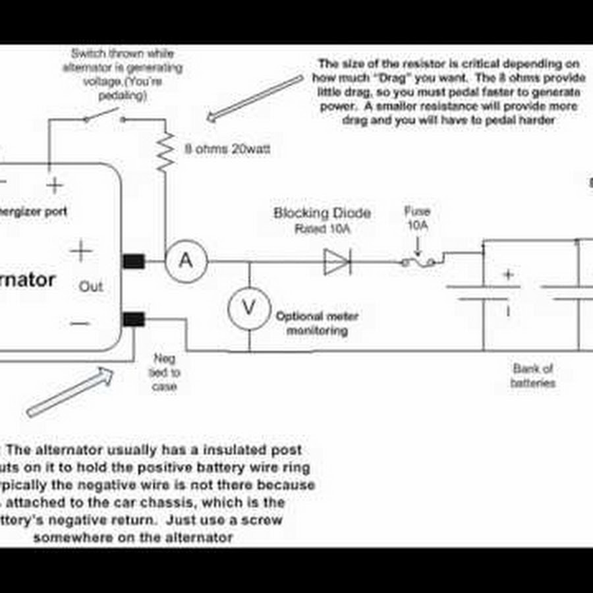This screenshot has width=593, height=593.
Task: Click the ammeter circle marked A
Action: tap(186, 261)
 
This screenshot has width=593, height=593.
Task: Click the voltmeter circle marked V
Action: tap(249, 306)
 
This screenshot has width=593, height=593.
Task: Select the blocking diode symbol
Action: tap(337, 262)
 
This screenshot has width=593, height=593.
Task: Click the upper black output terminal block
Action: tap(134, 261)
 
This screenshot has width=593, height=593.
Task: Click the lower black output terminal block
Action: tap(134, 320)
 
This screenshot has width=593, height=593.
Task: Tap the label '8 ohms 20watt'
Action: tap(227, 150)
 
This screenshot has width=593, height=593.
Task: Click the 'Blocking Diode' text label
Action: tap(322, 213)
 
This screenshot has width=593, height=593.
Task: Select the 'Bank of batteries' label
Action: tap(532, 376)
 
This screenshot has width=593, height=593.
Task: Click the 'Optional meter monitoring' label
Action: tap(317, 324)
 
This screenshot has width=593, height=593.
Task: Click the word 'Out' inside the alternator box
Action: tap(91, 287)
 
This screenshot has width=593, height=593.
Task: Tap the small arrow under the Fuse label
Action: tap(417, 249)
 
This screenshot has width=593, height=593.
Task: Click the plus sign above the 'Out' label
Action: tap(82, 252)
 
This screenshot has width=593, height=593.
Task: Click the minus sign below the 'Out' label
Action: tap(80, 323)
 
